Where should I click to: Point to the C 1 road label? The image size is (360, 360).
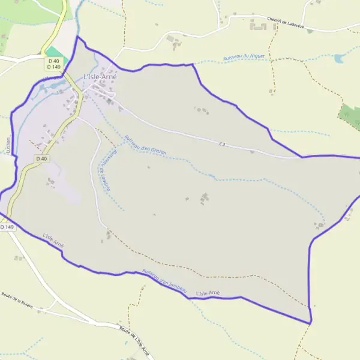tap(222, 143)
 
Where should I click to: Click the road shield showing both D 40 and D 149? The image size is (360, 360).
tap(54, 63)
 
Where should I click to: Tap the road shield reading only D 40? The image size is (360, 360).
tap(41, 158)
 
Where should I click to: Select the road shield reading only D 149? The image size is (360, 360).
tap(7, 227)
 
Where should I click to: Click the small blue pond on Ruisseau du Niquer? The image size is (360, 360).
tap(340, 58)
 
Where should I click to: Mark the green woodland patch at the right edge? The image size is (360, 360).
tap(350, 116)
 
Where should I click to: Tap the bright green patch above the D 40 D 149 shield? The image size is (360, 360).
tap(53, 52)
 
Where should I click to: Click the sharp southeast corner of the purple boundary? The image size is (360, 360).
tap(310, 323)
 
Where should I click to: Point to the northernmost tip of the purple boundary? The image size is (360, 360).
tap(77, 37)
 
